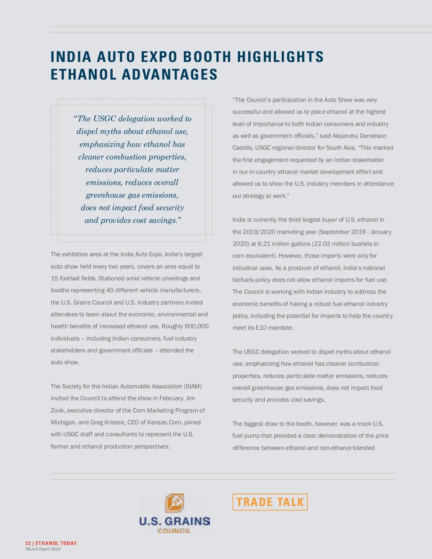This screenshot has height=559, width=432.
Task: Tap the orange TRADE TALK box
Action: pos(270,502)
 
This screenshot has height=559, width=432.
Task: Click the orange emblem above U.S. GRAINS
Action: pos(175,503)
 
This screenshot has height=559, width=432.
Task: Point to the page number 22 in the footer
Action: pos(28,543)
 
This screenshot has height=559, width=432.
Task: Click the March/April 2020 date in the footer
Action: pos(43,549)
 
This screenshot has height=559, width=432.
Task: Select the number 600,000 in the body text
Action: pos(197,326)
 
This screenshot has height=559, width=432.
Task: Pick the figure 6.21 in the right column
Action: pos(264,244)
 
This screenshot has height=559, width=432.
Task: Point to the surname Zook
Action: pos(58,410)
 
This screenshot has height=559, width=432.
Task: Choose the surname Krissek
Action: pos(114,422)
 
